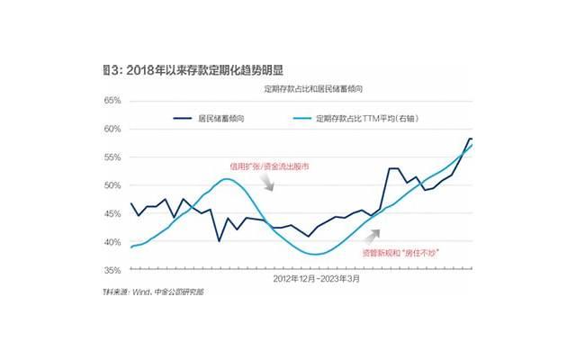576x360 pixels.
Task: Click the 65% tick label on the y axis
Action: click(114, 101)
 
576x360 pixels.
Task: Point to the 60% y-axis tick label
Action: click(114, 129)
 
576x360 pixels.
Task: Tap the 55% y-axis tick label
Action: click(114, 157)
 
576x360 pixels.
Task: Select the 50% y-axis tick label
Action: click(114, 185)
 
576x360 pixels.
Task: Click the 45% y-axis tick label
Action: click(114, 213)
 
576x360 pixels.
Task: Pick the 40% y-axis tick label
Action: click(114, 242)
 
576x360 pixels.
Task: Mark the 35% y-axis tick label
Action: click(114, 270)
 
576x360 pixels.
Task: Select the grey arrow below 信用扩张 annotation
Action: click(266, 183)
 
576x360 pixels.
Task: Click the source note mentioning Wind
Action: click(153, 293)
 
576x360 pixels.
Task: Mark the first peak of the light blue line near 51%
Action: click(227, 179)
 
